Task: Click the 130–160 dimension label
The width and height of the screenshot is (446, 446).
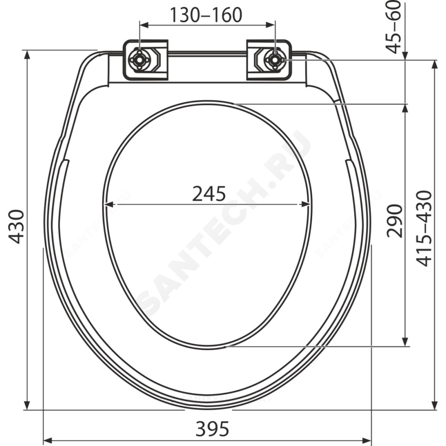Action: pos(206,15)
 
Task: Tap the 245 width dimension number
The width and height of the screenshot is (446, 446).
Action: pos(209,194)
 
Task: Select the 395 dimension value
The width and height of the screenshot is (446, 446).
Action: pos(212,429)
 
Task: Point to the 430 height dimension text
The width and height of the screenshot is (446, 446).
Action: pos(17,227)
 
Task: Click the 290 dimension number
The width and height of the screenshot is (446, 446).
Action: pos(395,221)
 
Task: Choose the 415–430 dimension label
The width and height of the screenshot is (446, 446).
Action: pos(424,228)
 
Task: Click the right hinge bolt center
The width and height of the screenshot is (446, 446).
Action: pos(275,59)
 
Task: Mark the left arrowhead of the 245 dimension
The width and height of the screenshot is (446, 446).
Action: pos(108,204)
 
